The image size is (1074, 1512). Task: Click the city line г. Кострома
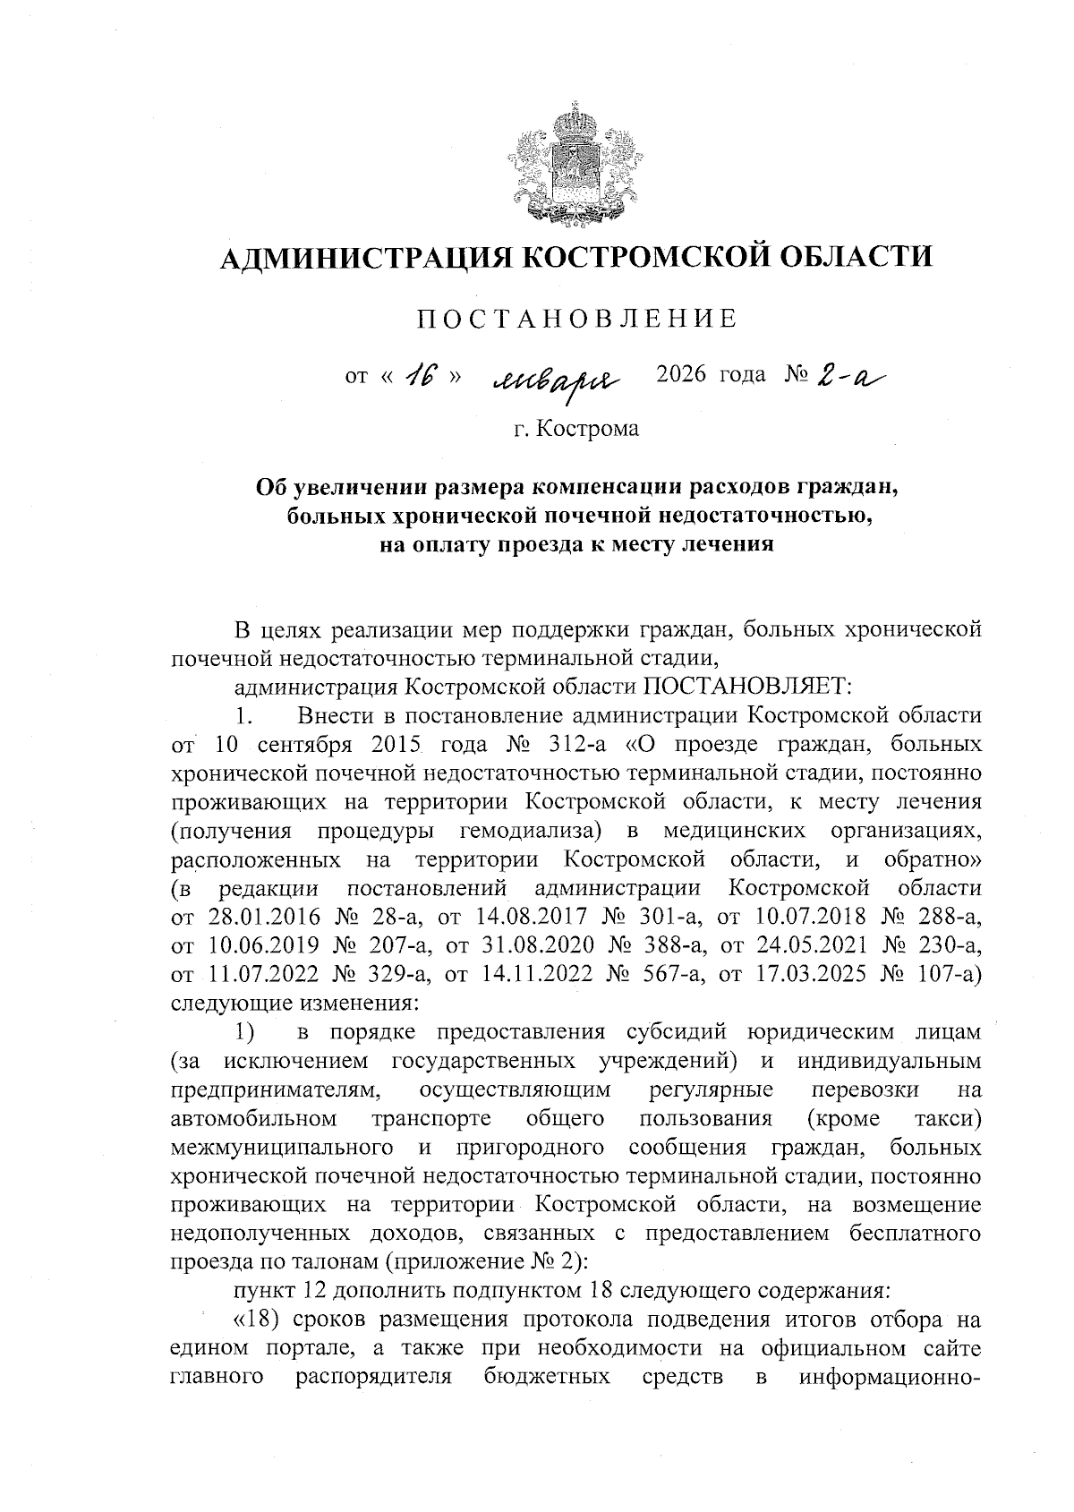[576, 429]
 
